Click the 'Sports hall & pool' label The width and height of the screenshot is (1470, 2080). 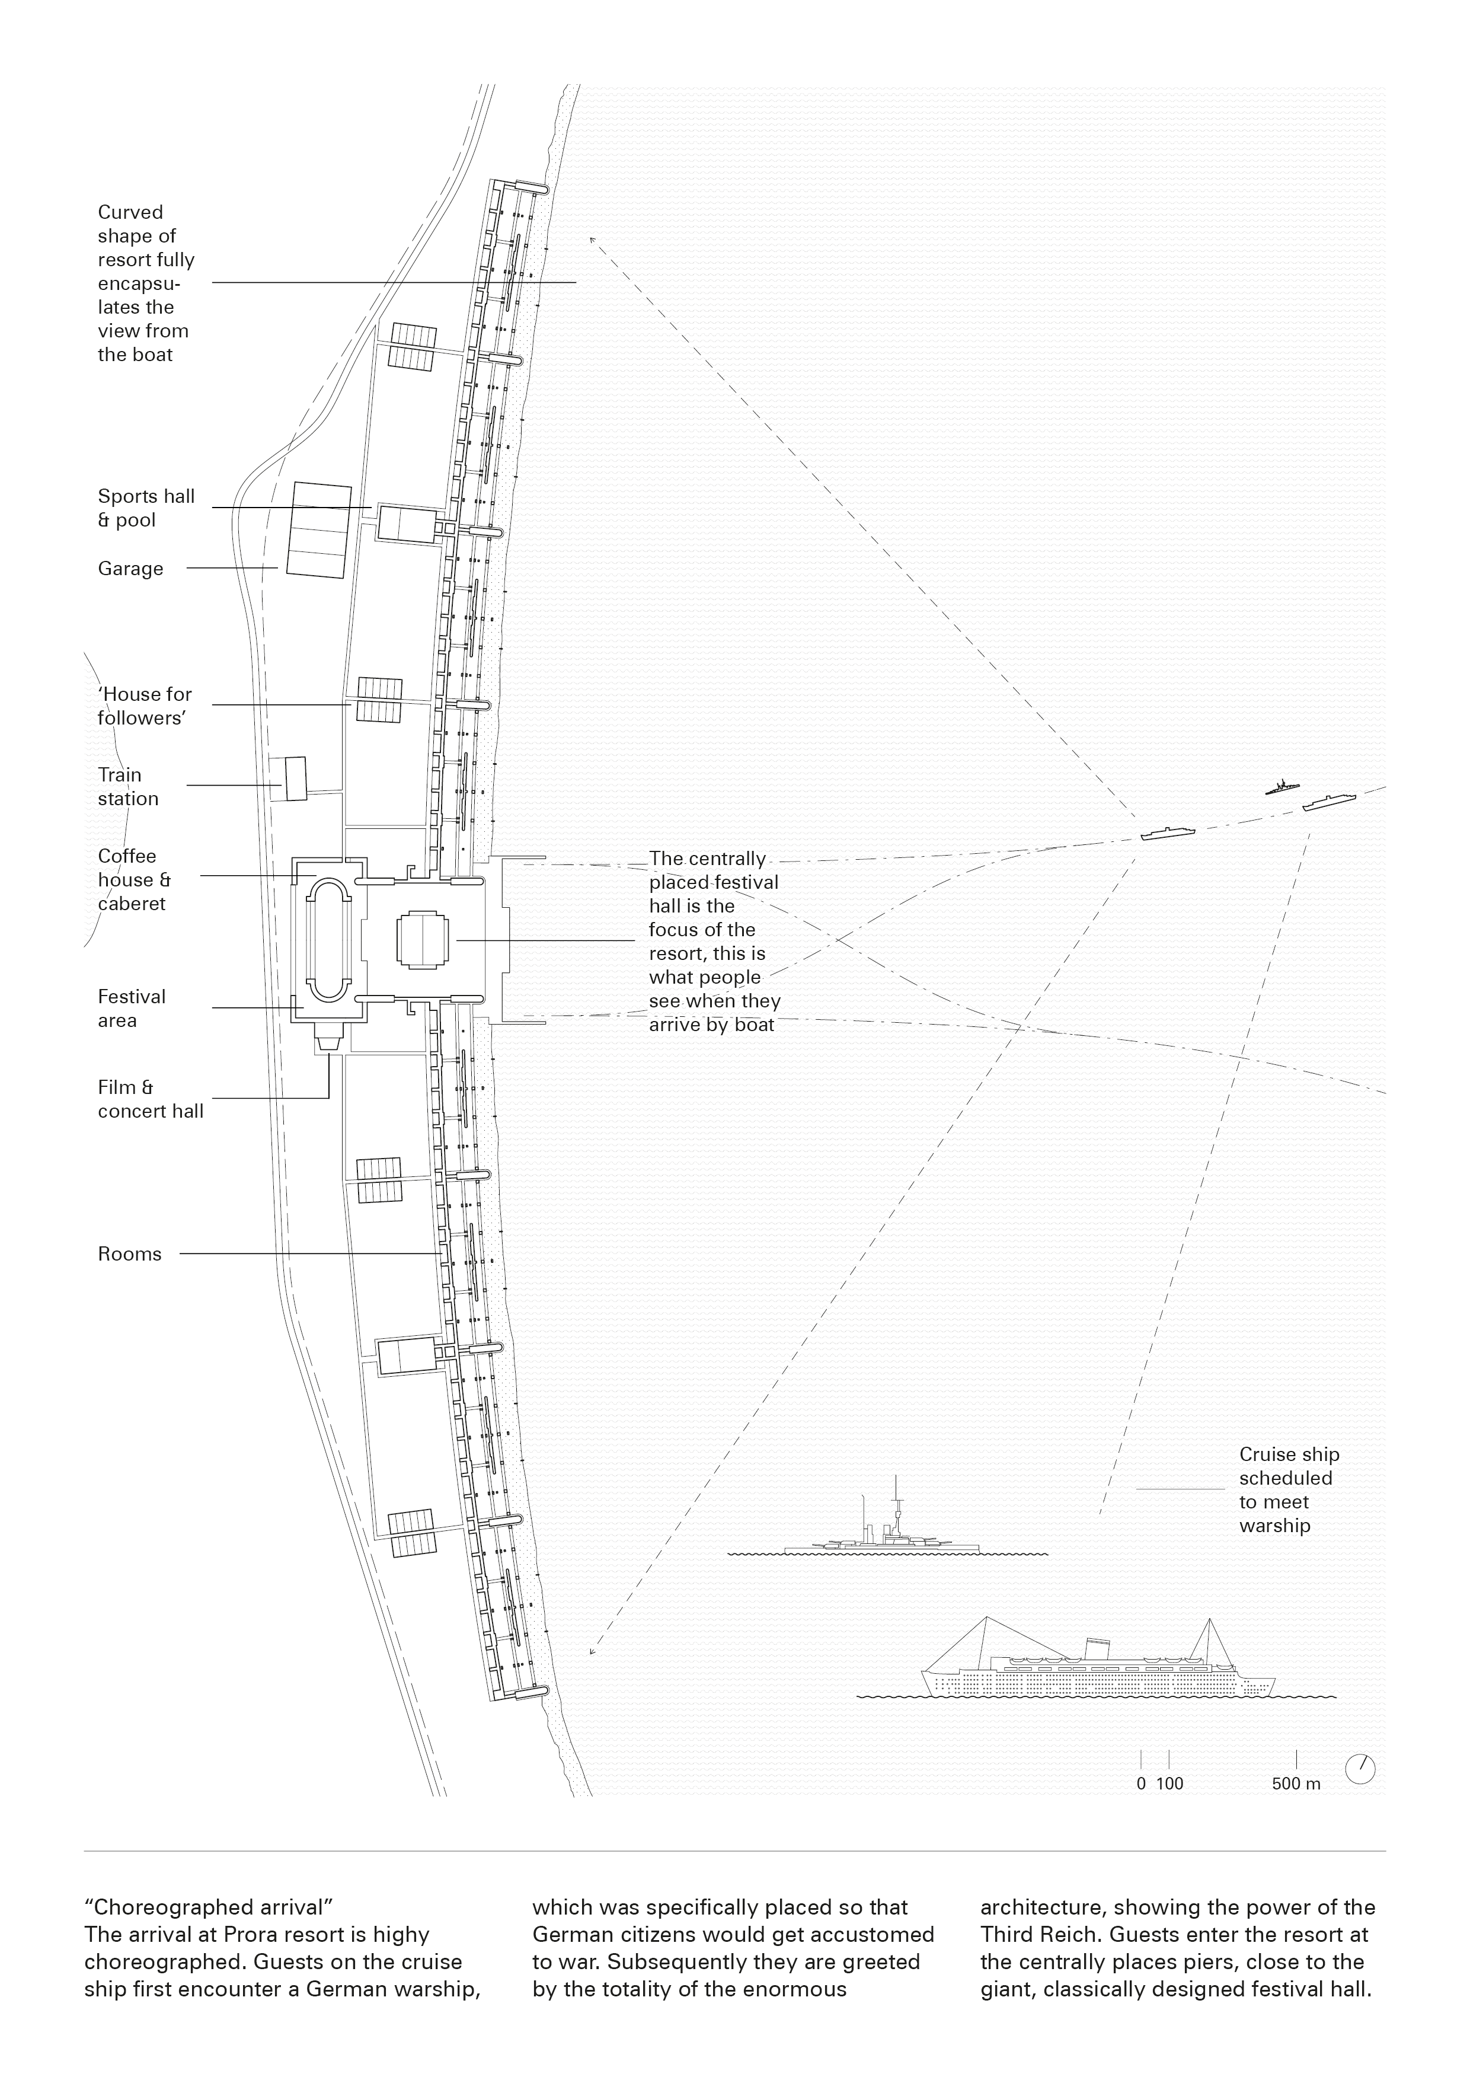pos(146,508)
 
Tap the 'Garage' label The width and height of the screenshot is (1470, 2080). pos(130,569)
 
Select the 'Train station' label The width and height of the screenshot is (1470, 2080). pos(127,786)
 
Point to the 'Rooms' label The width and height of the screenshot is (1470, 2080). pos(130,1254)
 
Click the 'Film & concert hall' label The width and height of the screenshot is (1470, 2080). pos(151,1099)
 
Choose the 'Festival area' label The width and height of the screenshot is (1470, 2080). pos(132,1009)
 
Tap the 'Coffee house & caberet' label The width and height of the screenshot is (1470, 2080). pos(134,880)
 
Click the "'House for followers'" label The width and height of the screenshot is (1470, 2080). pos(144,706)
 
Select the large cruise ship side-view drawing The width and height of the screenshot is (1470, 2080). pos(1096,1669)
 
